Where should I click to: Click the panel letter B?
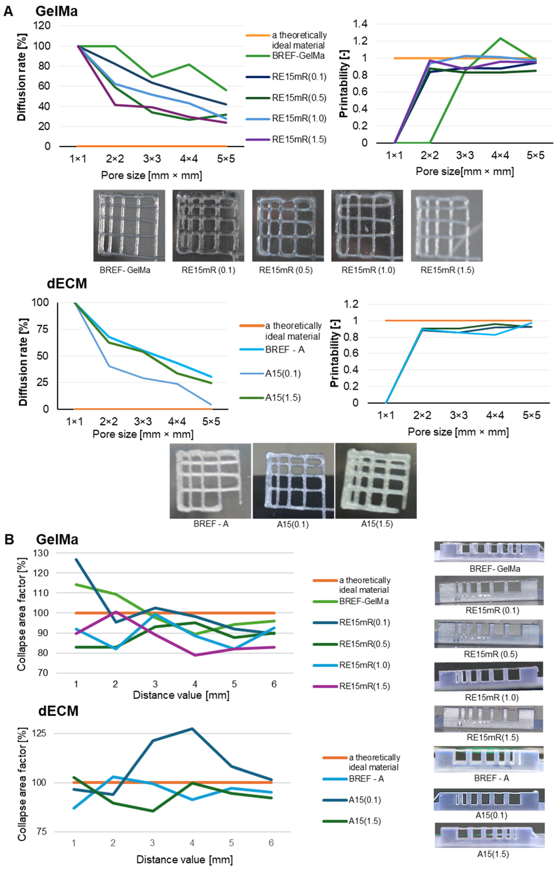point(9,539)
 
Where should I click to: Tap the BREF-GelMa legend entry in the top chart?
point(298,56)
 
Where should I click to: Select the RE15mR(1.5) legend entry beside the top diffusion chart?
point(299,140)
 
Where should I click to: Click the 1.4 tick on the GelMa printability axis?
point(360,24)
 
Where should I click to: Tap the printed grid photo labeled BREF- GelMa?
point(129,225)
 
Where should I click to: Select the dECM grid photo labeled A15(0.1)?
point(293,481)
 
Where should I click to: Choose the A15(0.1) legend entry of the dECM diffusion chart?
point(283,374)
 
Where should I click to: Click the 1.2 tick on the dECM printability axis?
point(351,304)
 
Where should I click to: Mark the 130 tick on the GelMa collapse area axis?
point(40,553)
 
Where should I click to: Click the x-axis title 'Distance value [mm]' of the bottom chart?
point(184,859)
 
